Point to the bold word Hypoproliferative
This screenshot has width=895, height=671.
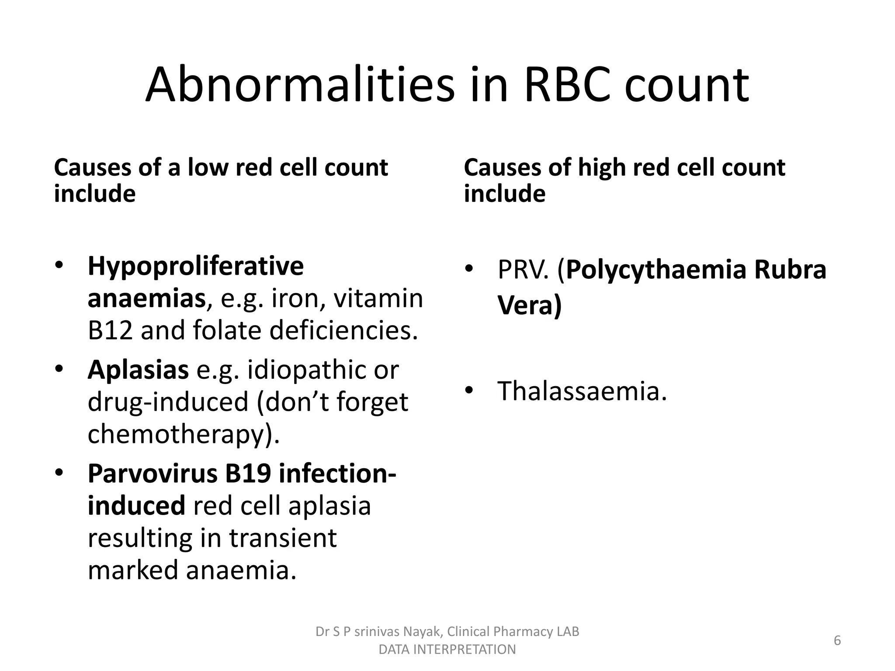pos(195,266)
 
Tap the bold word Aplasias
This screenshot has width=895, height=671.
pos(138,370)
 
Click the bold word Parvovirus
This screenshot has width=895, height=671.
pos(153,474)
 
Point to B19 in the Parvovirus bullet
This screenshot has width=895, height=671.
pos(249,474)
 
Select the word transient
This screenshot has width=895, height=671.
pos(283,538)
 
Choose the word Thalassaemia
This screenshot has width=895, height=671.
pos(582,391)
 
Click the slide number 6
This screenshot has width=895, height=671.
pos(837,640)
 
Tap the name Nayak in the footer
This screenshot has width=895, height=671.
pos(424,632)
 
